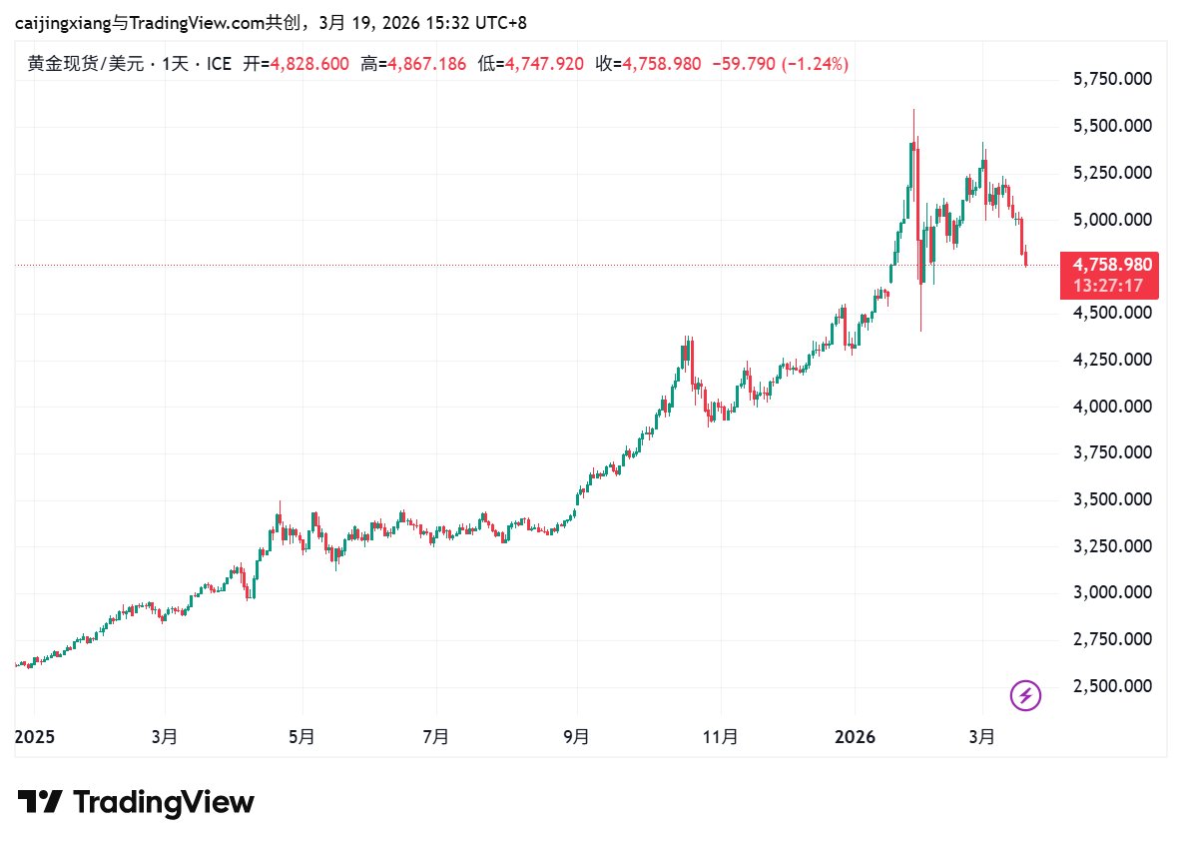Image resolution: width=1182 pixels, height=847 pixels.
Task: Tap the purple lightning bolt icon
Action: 1026,695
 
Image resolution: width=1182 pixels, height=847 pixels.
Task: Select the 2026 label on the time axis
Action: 855,737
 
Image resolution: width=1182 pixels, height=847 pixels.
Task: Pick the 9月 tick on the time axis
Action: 576,737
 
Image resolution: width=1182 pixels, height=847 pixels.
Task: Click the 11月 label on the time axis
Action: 721,737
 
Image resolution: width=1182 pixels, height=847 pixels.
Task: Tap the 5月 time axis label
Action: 301,737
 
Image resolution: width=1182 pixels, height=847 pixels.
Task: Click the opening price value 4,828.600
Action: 310,64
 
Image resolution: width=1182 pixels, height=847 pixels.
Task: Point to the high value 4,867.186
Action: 427,64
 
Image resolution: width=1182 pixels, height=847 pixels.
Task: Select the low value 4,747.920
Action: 545,64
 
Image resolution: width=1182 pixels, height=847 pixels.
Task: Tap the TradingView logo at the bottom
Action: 137,802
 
